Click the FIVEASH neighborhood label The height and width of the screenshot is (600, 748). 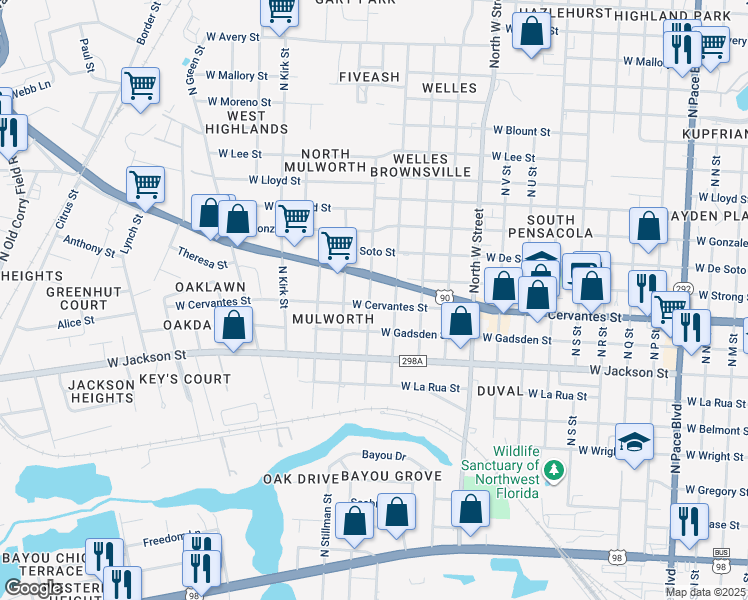369,77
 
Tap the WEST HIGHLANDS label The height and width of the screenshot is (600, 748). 235,122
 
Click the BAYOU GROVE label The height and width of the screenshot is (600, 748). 391,476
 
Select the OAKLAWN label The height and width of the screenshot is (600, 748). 210,286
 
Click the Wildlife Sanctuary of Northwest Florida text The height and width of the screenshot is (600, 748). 501,466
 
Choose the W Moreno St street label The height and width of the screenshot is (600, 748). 240,102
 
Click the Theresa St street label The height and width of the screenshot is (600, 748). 202,258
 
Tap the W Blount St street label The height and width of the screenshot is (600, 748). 521,131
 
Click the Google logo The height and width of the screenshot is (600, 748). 33,588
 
